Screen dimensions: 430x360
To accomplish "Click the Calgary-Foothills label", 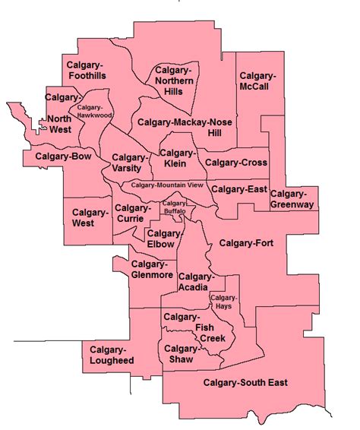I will point(86,70).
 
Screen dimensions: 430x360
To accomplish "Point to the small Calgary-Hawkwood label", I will point(94,111).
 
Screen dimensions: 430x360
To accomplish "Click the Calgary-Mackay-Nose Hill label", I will point(186,127).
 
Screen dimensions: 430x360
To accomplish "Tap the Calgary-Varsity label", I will point(132,163).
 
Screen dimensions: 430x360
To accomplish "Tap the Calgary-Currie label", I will point(134,213).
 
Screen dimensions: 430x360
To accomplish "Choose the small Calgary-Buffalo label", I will point(175,207).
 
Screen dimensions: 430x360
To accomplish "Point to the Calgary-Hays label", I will point(224,301).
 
